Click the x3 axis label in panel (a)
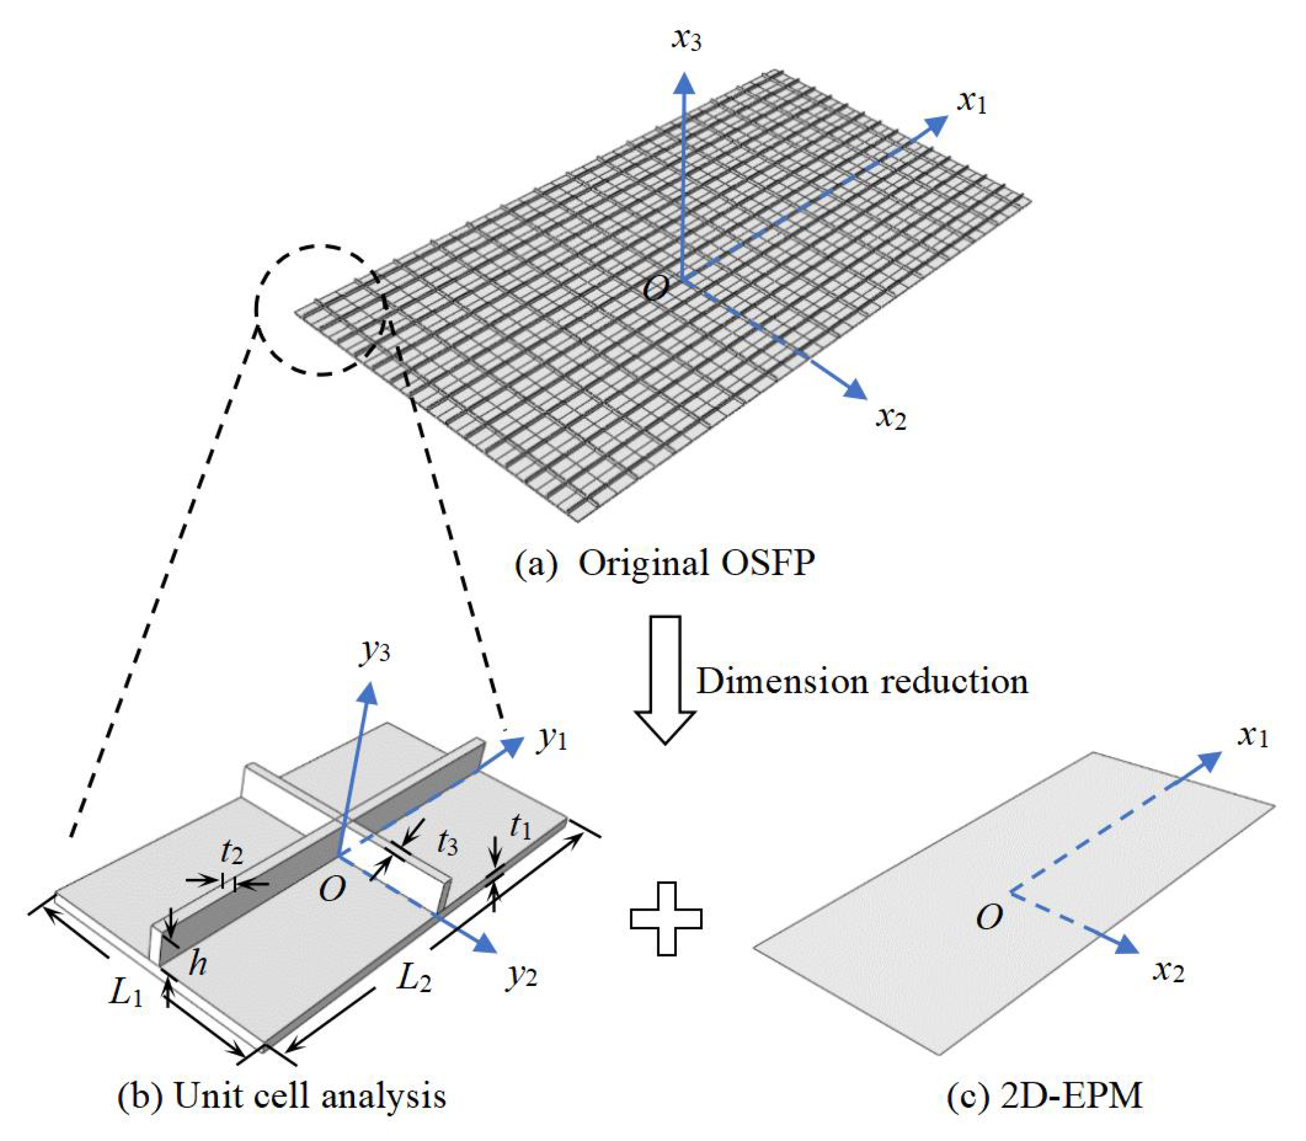click(x=686, y=40)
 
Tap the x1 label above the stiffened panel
click(x=972, y=102)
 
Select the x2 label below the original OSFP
click(x=891, y=418)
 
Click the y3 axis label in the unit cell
click(x=375, y=651)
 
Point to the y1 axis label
click(x=551, y=738)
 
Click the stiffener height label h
click(x=198, y=965)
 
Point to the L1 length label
click(x=126, y=993)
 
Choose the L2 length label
click(x=414, y=978)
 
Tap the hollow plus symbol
click(x=666, y=918)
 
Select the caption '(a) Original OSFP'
click(x=665, y=563)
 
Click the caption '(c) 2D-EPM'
click(x=1044, y=1097)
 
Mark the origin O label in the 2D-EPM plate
click(x=989, y=918)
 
